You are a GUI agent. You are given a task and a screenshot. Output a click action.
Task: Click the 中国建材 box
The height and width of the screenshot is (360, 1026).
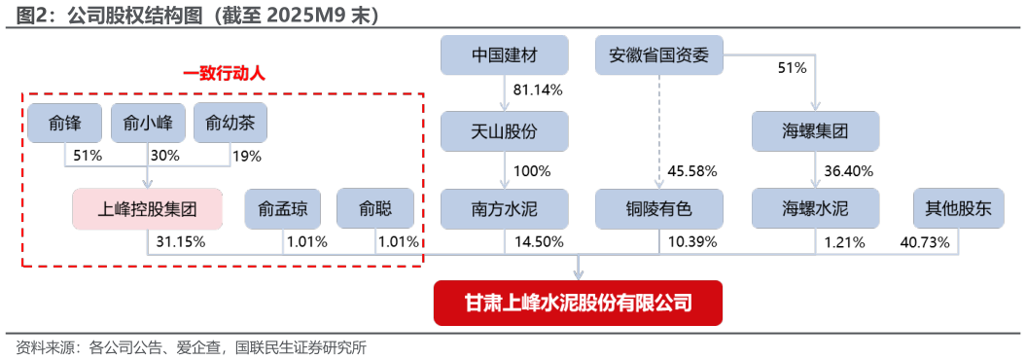click(504, 55)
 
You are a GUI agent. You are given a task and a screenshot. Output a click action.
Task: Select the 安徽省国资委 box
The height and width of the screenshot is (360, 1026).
click(659, 55)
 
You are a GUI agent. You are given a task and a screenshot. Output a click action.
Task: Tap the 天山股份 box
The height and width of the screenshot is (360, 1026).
click(504, 131)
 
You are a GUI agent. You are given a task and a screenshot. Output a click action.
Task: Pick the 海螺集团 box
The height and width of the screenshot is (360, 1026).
click(815, 131)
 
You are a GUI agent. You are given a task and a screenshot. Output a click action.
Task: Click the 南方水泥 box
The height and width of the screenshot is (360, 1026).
click(504, 208)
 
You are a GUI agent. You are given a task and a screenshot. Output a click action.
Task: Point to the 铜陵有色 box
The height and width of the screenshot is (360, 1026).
click(659, 208)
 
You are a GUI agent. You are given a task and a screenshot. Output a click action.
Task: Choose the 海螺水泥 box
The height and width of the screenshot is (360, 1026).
click(815, 208)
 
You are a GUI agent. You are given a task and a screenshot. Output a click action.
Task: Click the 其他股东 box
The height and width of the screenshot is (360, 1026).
click(958, 208)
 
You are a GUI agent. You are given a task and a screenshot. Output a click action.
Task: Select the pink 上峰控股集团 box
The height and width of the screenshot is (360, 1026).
click(148, 208)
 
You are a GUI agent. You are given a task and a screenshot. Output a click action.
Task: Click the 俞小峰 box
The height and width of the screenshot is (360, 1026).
click(148, 123)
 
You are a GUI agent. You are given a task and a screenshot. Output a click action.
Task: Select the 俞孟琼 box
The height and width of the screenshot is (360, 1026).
click(282, 208)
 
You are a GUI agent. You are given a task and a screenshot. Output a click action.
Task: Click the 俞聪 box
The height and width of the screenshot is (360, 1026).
click(375, 208)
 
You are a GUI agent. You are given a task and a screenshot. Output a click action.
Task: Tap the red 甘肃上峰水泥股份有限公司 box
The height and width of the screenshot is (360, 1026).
click(579, 303)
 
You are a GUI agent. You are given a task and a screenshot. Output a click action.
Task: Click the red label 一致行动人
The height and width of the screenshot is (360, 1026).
click(224, 73)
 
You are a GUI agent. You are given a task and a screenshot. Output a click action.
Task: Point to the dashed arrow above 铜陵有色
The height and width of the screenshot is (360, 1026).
click(659, 131)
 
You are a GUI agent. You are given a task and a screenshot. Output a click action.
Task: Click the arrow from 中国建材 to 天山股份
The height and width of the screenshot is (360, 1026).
click(504, 93)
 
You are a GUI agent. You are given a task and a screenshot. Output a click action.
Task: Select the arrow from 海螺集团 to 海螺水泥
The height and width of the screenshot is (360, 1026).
click(815, 170)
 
